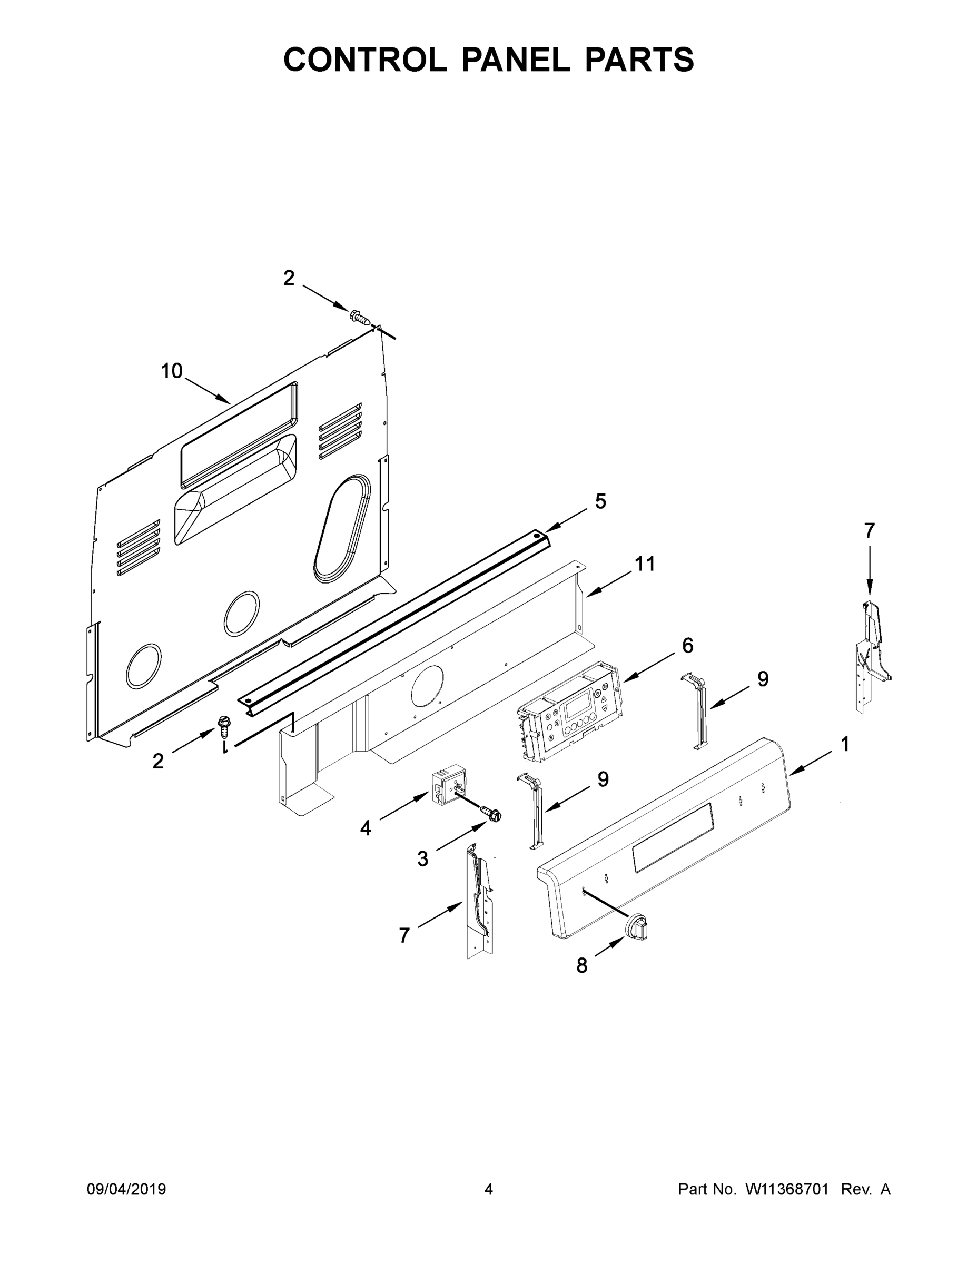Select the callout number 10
click(172, 371)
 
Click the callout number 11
click(645, 563)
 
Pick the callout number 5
click(600, 501)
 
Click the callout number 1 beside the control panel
click(844, 744)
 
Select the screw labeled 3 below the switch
click(492, 815)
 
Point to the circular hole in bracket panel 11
click(427, 685)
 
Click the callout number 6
click(687, 645)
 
